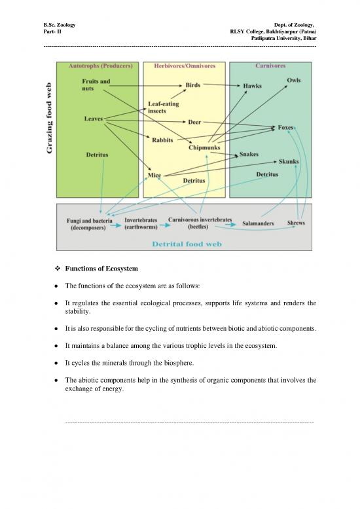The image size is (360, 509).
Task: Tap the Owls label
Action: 294,79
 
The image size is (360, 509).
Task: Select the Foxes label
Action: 285,127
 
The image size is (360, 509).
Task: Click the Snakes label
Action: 249,154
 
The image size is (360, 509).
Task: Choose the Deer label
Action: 194,122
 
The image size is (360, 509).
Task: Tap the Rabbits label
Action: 163,140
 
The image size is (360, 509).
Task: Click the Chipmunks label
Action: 204,148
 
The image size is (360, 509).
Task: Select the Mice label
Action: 155,175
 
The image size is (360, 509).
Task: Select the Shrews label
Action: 296,223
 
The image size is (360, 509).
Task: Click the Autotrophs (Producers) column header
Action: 101,66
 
